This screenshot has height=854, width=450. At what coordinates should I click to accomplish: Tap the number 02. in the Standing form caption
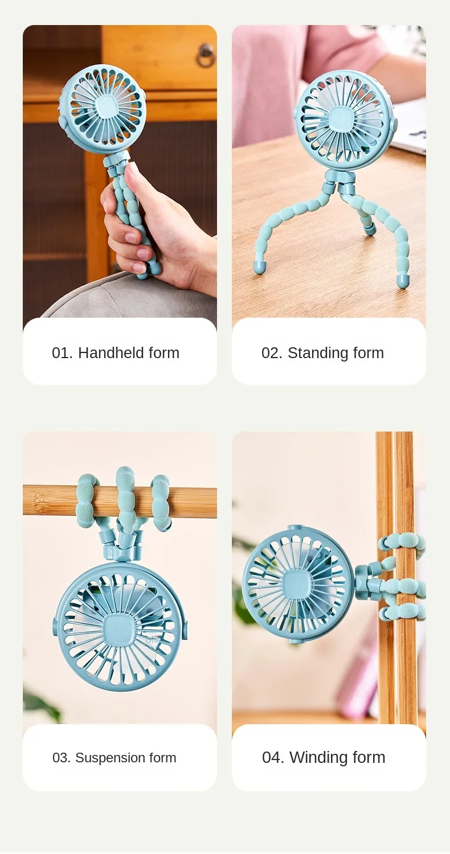click(x=272, y=353)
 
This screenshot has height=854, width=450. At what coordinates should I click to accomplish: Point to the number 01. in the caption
click(x=62, y=353)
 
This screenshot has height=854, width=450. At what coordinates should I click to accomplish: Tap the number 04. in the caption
click(x=273, y=757)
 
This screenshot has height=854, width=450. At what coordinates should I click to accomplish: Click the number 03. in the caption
click(x=62, y=758)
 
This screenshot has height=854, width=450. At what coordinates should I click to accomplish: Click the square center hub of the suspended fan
click(x=118, y=630)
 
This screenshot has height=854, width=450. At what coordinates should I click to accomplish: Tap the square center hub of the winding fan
click(x=296, y=585)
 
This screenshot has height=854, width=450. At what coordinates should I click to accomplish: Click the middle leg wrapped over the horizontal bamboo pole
click(x=125, y=496)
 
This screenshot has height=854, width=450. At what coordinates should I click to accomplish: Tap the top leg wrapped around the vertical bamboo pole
click(x=402, y=542)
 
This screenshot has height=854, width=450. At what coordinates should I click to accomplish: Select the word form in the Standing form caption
click(x=368, y=352)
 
